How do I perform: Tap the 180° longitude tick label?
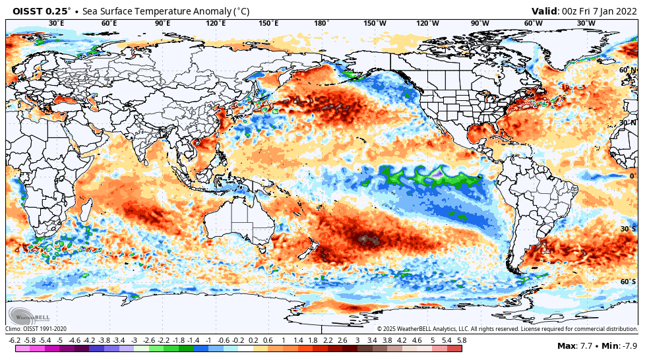click(321, 24)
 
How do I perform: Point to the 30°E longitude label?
click(57, 24)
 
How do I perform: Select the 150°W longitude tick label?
click(375, 24)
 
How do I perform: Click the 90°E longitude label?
click(162, 24)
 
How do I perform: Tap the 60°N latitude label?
click(628, 70)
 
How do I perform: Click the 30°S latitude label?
click(628, 229)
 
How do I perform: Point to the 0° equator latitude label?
click(632, 176)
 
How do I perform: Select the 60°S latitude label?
click(628, 282)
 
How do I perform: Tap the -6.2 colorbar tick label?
click(15, 340)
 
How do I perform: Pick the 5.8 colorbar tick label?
click(462, 340)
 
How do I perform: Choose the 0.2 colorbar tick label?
click(253, 340)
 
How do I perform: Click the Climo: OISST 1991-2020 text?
click(36, 328)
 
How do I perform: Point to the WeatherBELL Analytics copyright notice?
click(507, 328)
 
